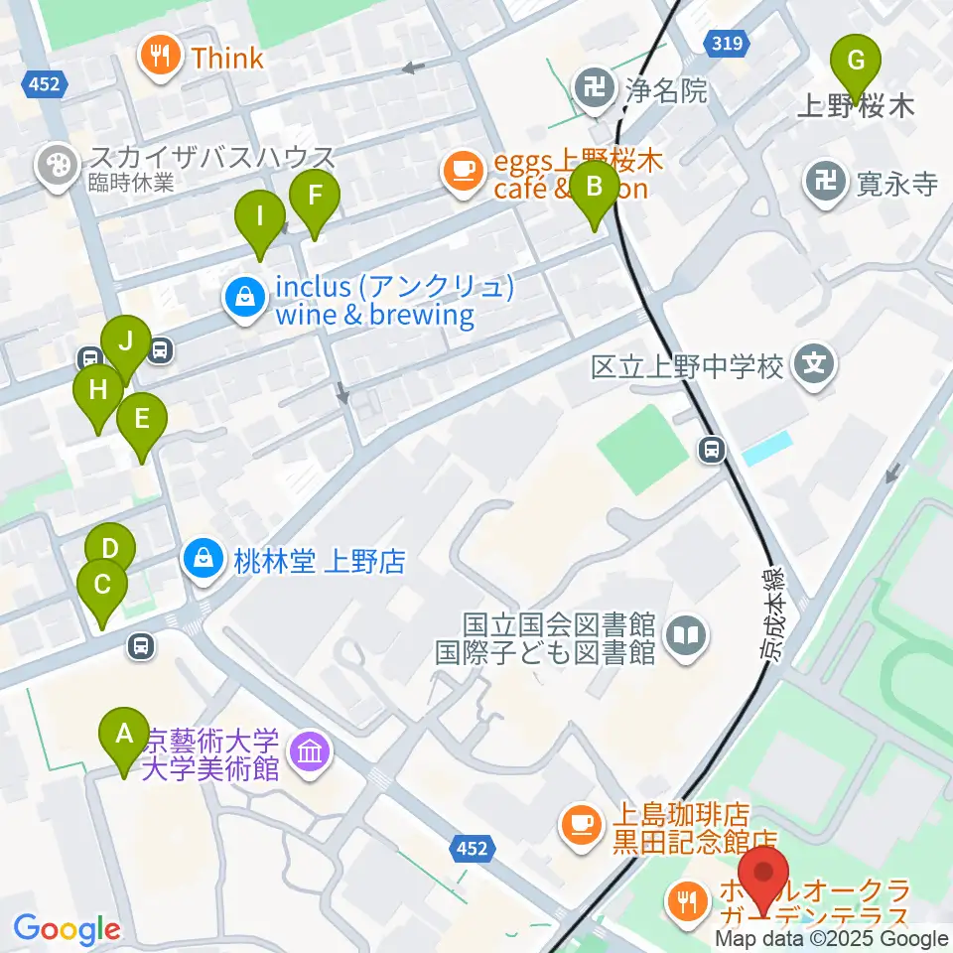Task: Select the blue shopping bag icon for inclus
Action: pyautogui.click(x=243, y=296)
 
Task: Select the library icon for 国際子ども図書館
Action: pyautogui.click(x=686, y=634)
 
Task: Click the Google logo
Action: pyautogui.click(x=67, y=928)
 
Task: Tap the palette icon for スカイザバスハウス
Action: pyautogui.click(x=56, y=165)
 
